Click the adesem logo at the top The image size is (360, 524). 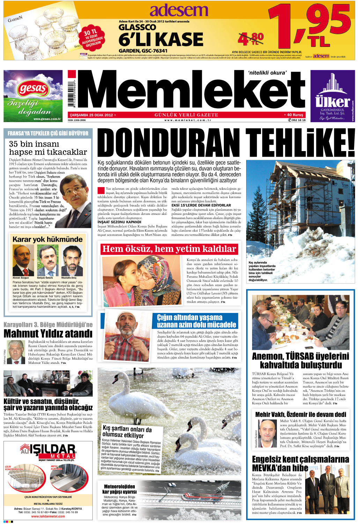click(179, 11)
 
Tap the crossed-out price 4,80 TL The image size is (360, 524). click(250, 39)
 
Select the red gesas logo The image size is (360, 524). click(32, 89)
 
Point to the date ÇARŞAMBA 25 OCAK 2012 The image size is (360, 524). click(92, 115)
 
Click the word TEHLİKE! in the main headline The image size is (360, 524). click(300, 143)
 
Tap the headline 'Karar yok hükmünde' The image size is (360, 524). click(47, 239)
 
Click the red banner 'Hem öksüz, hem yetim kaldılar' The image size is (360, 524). click(169, 249)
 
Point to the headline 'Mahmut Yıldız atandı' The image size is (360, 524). click(48, 334)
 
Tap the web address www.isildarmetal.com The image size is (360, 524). click(48, 516)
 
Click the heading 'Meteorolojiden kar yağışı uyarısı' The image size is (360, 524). click(119, 489)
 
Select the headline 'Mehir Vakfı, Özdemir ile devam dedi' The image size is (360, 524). click(301, 414)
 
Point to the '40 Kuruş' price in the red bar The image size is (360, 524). click(295, 115)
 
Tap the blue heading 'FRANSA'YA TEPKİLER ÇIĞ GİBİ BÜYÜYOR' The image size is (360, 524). click(48, 133)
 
